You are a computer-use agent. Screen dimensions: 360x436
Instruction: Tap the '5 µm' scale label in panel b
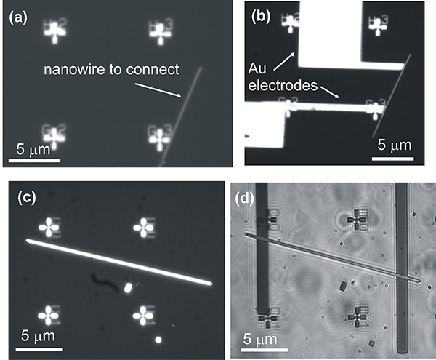(394, 145)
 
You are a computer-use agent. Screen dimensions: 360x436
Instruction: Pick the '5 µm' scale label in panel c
(38, 337)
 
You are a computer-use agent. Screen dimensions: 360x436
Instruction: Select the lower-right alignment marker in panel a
(158, 135)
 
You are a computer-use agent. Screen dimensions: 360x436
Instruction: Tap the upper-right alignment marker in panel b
(378, 23)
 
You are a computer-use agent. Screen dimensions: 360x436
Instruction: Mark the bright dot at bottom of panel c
(158, 339)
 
